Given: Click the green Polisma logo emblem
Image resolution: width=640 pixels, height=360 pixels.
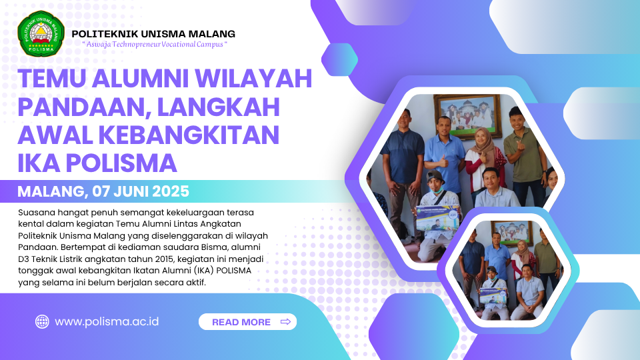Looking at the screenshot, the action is [x=41, y=33].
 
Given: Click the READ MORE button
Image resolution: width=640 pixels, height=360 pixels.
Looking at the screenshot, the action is [x=247, y=321].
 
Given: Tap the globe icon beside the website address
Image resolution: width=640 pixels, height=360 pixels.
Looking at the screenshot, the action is [x=42, y=321].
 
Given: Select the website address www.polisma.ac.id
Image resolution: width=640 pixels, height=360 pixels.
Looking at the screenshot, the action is [x=107, y=321].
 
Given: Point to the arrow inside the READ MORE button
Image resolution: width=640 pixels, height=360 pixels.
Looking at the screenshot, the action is [x=286, y=321].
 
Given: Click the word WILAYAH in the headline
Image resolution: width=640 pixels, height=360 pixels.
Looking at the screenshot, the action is [x=253, y=79].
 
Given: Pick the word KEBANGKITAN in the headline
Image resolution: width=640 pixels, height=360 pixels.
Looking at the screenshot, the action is [x=189, y=135].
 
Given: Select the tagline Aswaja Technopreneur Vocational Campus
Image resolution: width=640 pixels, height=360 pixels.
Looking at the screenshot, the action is [x=155, y=44].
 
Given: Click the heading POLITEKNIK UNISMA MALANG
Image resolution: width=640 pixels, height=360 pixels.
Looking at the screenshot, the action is [x=153, y=34].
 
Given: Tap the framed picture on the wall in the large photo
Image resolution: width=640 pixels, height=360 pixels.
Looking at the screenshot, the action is [x=468, y=116].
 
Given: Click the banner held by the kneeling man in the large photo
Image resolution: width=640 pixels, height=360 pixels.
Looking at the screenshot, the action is [x=438, y=218].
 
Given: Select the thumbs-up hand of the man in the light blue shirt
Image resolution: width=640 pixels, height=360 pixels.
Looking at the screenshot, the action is [x=444, y=162].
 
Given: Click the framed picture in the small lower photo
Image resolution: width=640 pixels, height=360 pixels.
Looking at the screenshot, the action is [x=512, y=233].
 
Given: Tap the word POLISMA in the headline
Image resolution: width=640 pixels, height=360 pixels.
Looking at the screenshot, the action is [x=121, y=163].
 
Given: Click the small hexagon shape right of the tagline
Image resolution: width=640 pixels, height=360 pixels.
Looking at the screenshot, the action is [x=339, y=59].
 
